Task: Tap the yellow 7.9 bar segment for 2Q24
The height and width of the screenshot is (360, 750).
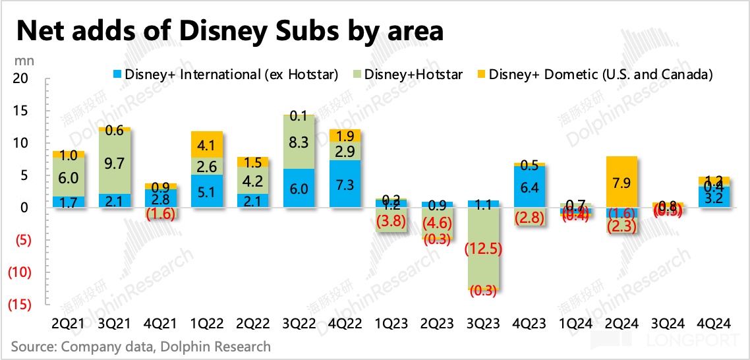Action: pyautogui.click(x=623, y=181)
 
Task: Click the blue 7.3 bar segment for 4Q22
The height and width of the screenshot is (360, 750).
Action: pyautogui.click(x=345, y=184)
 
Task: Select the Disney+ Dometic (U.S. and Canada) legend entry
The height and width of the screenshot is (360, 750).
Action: pyautogui.click(x=593, y=75)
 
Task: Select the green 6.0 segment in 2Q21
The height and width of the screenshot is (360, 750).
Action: pyautogui.click(x=68, y=177)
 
